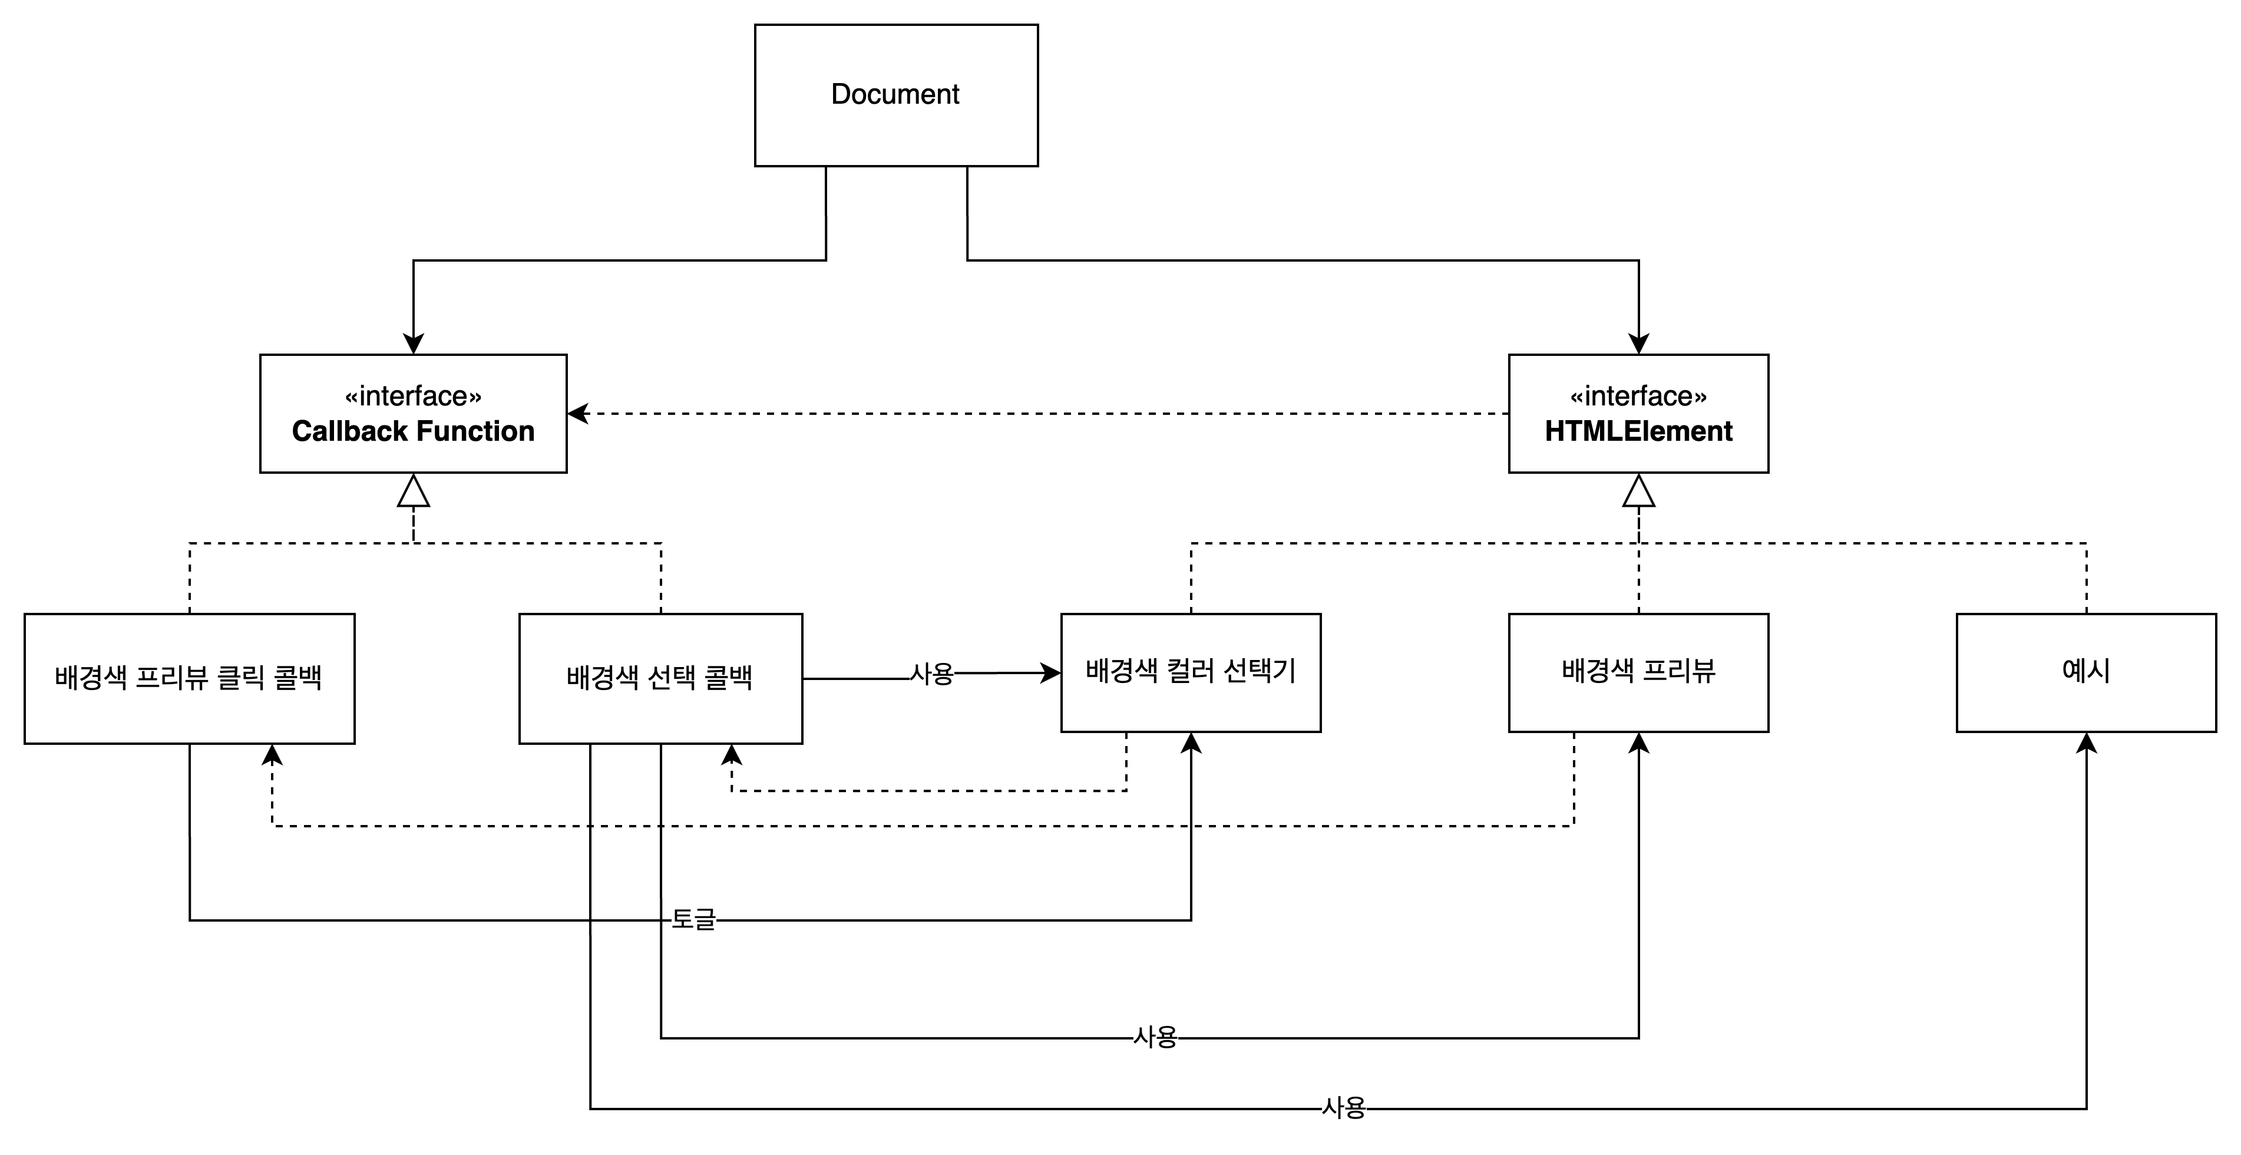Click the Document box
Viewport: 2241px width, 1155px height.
point(895,95)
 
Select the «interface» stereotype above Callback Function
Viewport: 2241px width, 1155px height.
point(412,396)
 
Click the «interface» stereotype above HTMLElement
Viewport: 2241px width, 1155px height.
point(1638,396)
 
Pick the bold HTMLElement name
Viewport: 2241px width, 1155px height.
point(1638,431)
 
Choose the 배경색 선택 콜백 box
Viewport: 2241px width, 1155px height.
point(660,678)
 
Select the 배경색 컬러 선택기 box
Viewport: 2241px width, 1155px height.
point(1190,672)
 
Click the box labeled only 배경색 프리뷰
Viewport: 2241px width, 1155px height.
point(1638,672)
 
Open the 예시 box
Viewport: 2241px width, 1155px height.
point(2085,672)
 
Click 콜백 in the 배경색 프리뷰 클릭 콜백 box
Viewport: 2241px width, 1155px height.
point(298,677)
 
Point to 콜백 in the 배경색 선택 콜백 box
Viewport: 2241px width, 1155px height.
point(728,677)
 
